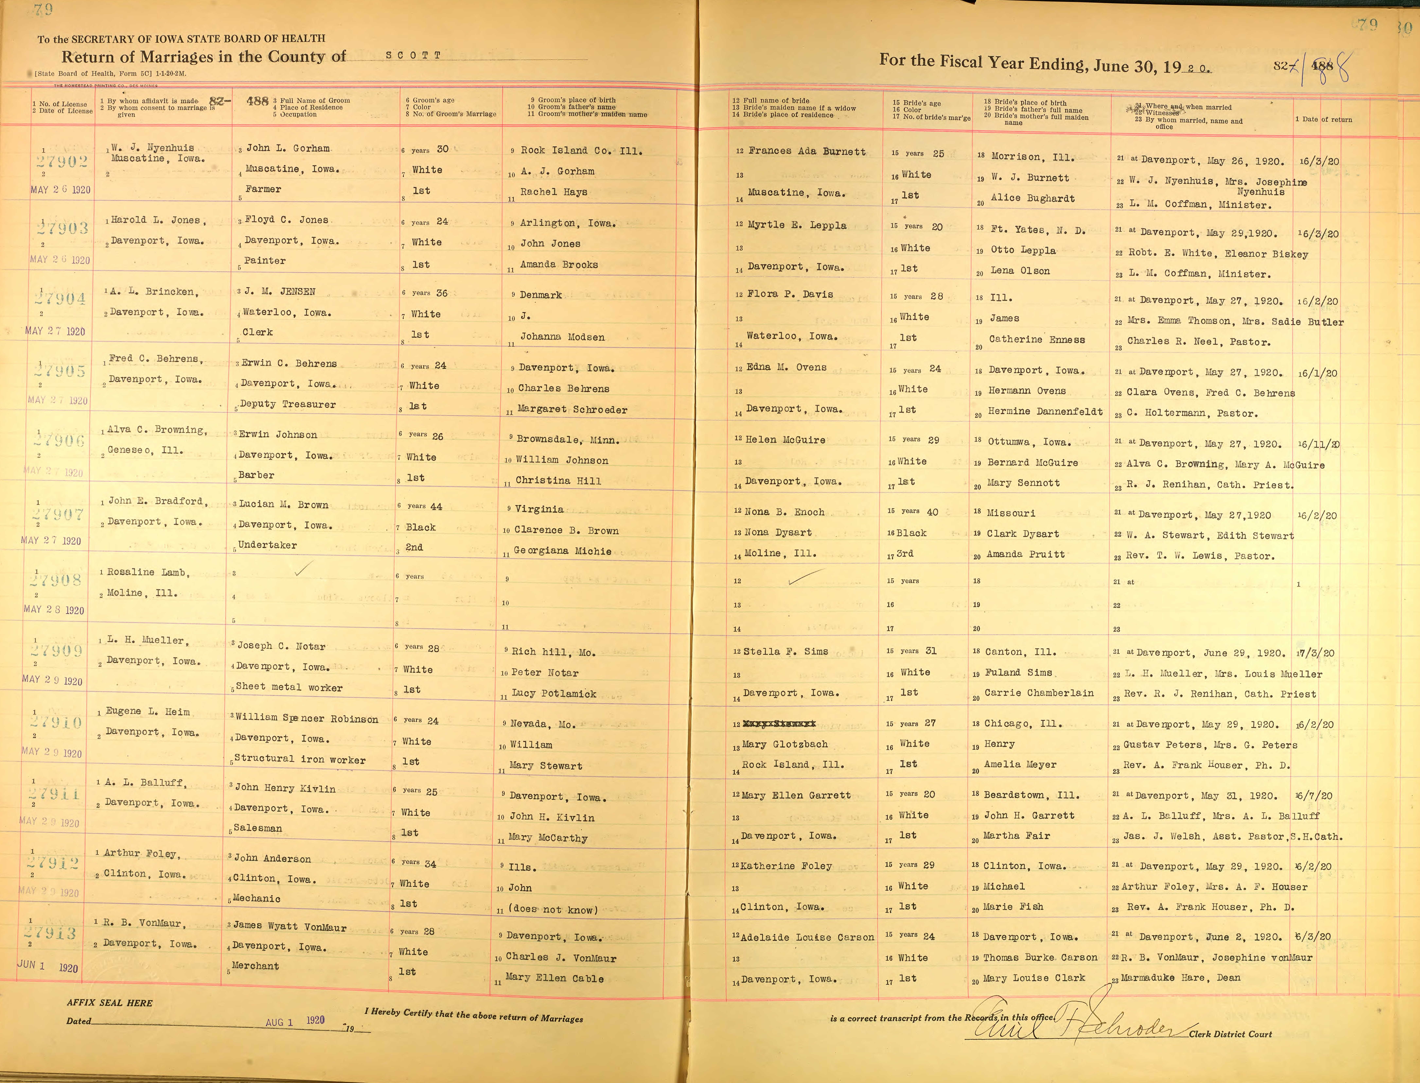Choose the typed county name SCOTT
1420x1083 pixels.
click(x=413, y=55)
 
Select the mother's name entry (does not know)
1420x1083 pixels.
click(x=553, y=910)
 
